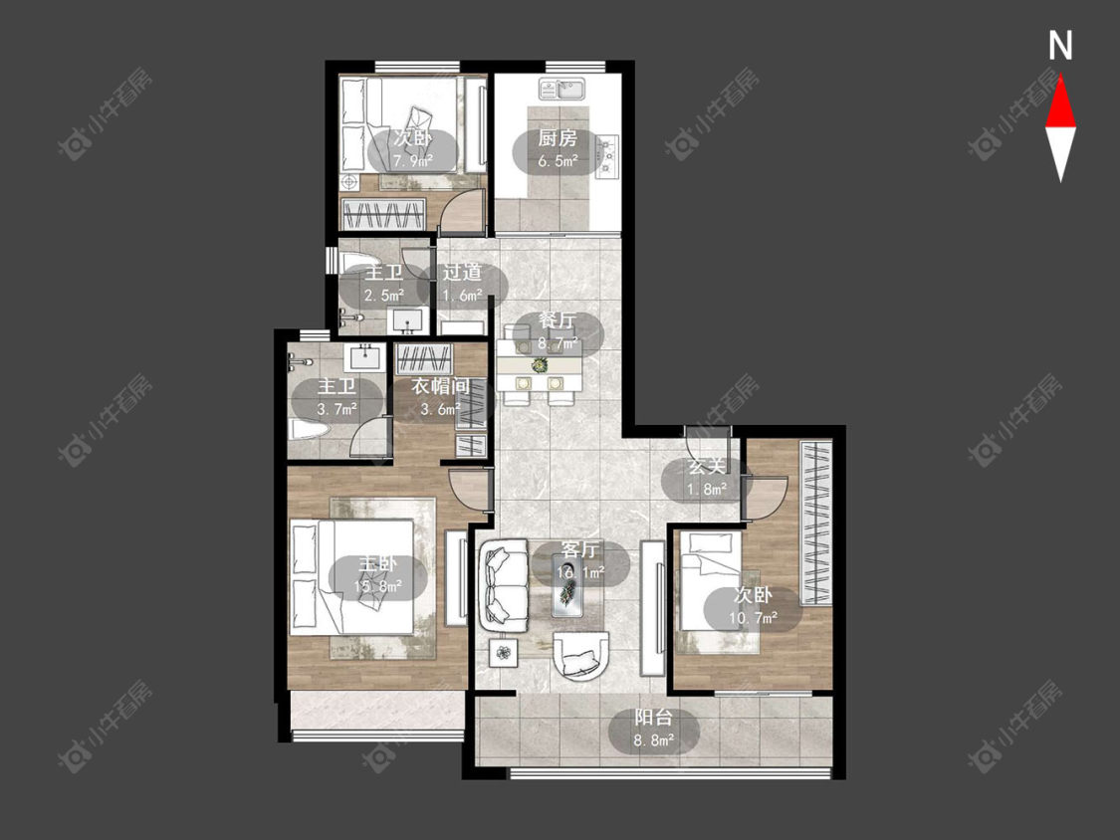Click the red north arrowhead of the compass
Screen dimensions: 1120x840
pyautogui.click(x=1060, y=104)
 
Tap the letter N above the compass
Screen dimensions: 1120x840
pyautogui.click(x=1060, y=45)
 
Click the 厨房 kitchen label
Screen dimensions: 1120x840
pyautogui.click(x=558, y=138)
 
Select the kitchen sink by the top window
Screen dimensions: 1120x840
pyautogui.click(x=562, y=90)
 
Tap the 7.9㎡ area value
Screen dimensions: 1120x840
pyautogui.click(x=413, y=161)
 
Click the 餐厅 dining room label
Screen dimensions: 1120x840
pyautogui.click(x=558, y=321)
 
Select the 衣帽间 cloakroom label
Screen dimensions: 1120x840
pyautogui.click(x=441, y=386)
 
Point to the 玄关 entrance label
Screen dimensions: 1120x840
pyautogui.click(x=707, y=467)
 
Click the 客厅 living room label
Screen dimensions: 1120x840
pyautogui.click(x=580, y=549)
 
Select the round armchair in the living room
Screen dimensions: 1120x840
pyautogui.click(x=581, y=655)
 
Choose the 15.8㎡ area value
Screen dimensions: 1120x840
pyautogui.click(x=378, y=587)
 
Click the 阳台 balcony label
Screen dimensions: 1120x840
pyautogui.click(x=653, y=718)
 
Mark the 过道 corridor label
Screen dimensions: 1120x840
pyautogui.click(x=461, y=272)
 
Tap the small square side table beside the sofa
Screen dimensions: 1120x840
pyautogui.click(x=505, y=652)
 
